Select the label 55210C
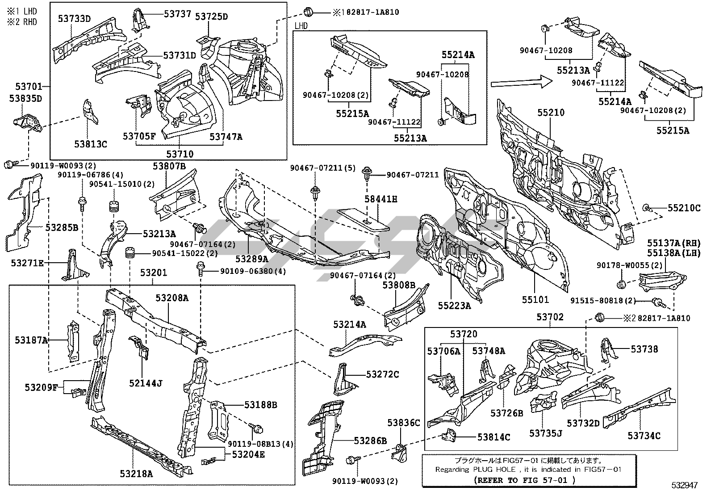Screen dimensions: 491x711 tap(684, 208)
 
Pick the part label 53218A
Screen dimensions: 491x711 tap(136, 474)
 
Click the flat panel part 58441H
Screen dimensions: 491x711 tap(362, 219)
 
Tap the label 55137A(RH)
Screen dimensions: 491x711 tap(674, 243)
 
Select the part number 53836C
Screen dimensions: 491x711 tap(404, 423)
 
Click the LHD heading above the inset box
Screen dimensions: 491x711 tap(302, 26)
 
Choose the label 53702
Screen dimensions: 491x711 tap(550, 317)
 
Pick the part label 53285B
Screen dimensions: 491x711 tap(62, 227)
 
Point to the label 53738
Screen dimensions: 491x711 tap(644, 349)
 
